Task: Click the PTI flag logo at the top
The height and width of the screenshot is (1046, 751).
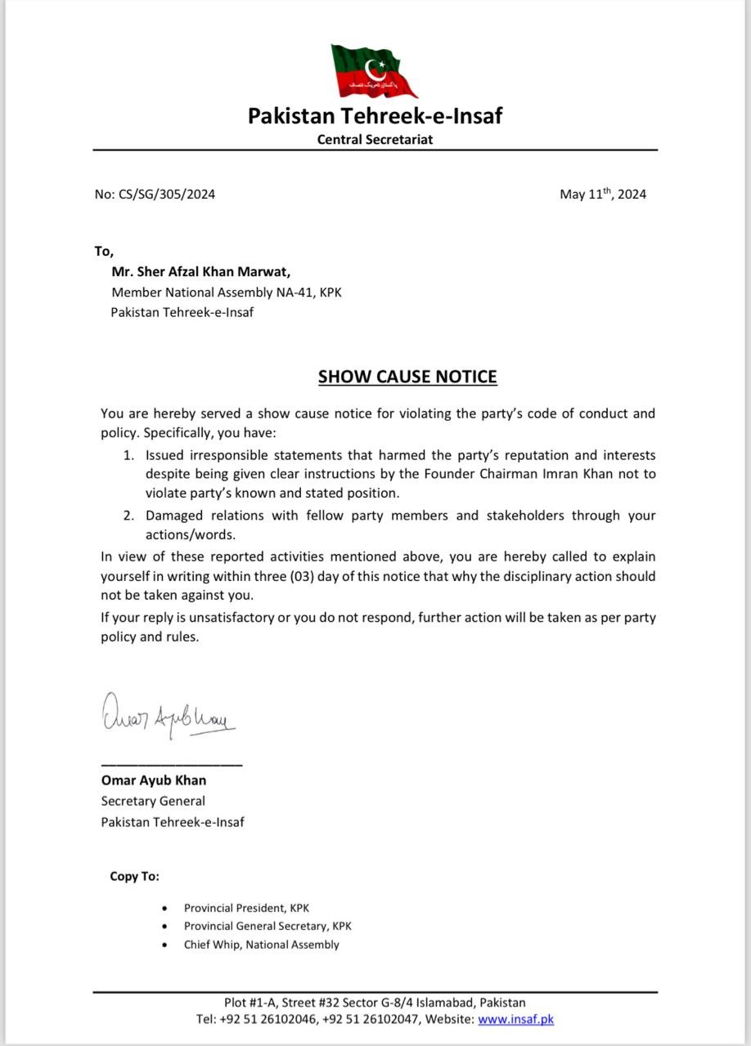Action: point(373,71)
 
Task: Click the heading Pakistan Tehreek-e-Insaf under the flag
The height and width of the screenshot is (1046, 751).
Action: point(375,116)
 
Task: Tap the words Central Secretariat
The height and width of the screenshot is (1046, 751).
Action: point(375,139)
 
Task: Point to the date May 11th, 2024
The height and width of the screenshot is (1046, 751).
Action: point(603,194)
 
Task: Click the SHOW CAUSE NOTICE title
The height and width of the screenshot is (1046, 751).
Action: point(407,377)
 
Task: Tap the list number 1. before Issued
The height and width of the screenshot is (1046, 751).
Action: point(129,454)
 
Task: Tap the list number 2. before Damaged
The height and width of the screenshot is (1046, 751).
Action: point(129,516)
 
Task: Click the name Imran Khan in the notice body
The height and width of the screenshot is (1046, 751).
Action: point(573,474)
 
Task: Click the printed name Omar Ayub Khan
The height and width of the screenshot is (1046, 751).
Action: point(154,780)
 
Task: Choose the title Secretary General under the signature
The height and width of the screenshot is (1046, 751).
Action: point(153,801)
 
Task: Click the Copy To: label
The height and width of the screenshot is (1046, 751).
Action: point(135,877)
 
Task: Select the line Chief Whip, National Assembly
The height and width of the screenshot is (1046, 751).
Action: point(262,945)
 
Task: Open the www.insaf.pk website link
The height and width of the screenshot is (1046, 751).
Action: point(515,1019)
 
